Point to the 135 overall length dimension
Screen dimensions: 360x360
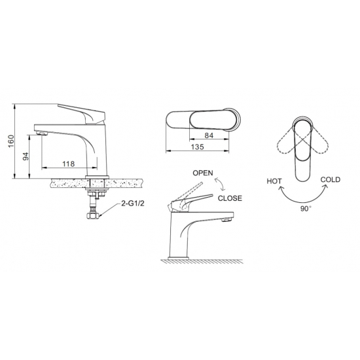click(195, 148)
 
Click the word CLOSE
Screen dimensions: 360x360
click(230, 198)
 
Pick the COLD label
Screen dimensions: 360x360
click(331, 179)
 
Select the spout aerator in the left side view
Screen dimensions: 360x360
click(43, 133)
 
